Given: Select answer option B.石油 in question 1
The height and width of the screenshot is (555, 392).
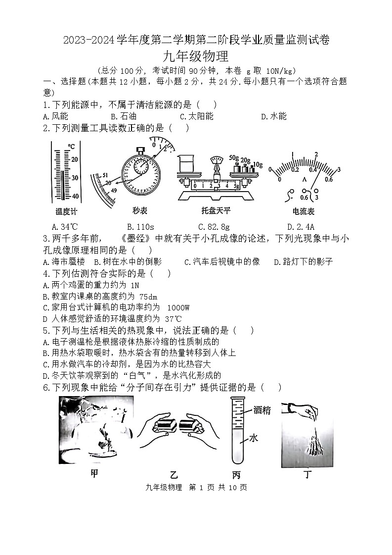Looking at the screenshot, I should click(123, 116).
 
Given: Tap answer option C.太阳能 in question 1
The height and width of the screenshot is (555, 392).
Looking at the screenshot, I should click(196, 116).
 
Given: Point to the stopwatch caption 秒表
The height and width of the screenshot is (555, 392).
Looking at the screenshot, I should click(140, 210).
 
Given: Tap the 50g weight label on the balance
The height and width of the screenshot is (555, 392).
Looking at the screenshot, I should click(234, 158).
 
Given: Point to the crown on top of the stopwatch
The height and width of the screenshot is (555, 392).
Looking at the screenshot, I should click(140, 149).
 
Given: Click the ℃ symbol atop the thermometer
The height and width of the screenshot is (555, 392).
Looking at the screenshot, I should click(71, 147).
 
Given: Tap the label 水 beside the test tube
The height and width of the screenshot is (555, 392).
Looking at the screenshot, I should click(254, 439).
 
